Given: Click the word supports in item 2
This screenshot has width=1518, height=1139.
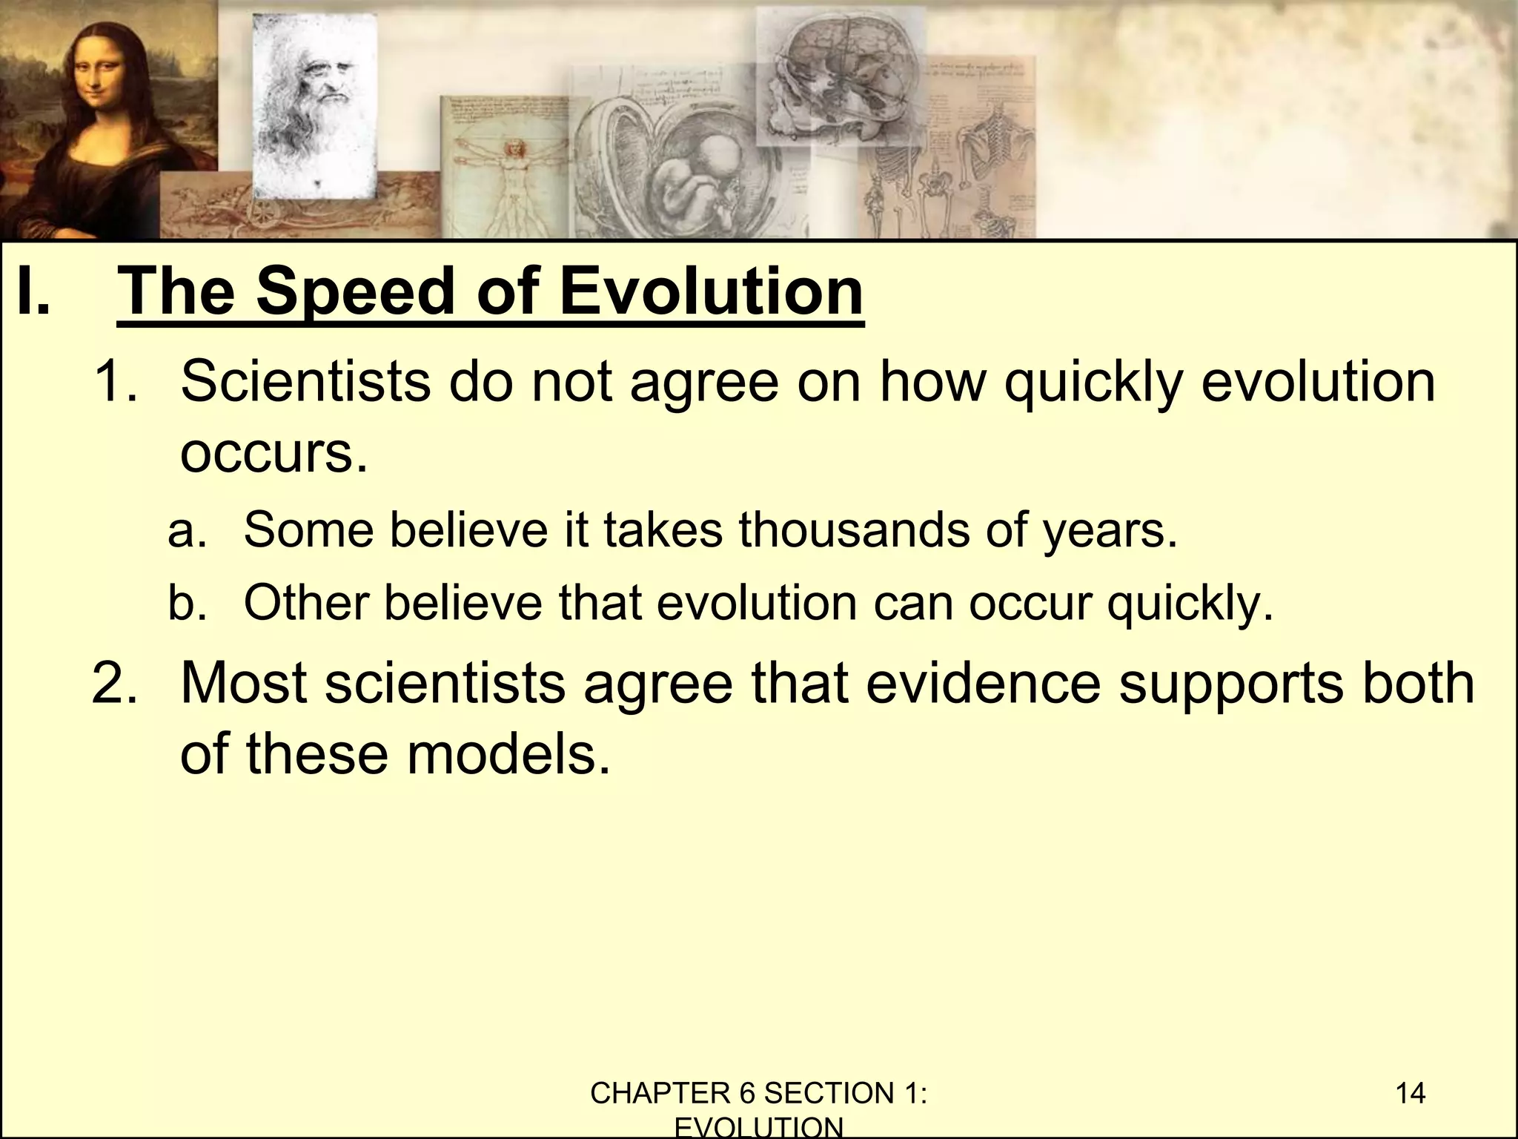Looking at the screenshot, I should tap(1230, 684).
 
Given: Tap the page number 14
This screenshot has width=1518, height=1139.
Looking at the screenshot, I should tap(1410, 1094).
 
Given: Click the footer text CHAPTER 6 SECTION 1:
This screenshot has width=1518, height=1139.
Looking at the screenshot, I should tap(759, 1094).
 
